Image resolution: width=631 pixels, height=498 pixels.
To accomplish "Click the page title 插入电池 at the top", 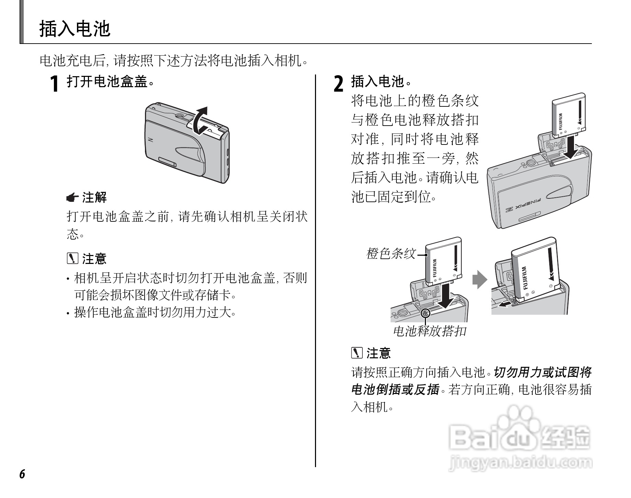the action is click(75, 29).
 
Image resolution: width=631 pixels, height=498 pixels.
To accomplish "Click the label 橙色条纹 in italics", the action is click(391, 254).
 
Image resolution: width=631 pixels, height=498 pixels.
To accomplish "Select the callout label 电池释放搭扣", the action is click(429, 331).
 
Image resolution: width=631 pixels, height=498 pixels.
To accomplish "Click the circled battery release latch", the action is click(425, 313).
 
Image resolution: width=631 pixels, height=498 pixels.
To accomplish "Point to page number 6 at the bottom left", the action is click(22, 474).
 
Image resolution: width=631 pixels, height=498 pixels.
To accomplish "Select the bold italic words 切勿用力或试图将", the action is click(543, 372).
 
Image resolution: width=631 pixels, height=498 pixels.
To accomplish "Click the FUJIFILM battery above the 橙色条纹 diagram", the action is click(443, 261).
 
